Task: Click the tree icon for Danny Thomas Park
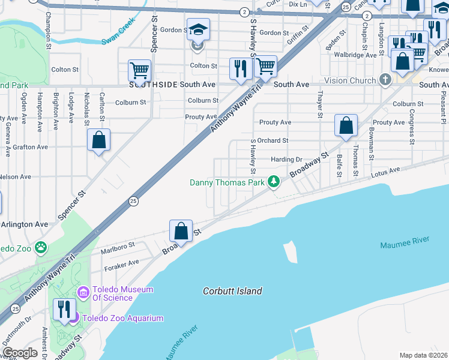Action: click(x=274, y=181)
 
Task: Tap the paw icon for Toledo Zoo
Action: click(x=40, y=247)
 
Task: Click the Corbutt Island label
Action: click(x=233, y=291)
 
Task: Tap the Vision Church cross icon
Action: click(x=385, y=80)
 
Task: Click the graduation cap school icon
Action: click(x=197, y=29)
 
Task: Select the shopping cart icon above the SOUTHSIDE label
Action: click(x=139, y=71)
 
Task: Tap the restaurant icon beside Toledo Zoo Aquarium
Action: click(x=63, y=308)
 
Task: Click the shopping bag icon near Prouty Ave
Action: click(x=346, y=125)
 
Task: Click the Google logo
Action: click(x=19, y=353)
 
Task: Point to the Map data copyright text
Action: click(x=423, y=355)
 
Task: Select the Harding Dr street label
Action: click(x=286, y=160)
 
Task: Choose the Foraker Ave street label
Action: click(x=122, y=262)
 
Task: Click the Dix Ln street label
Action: click(x=298, y=4)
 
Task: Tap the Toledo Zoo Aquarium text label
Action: click(x=122, y=318)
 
